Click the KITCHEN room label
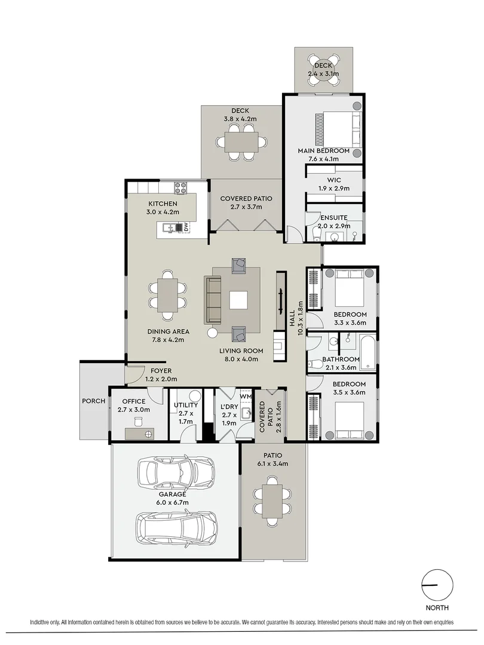pos(163,204)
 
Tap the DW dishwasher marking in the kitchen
pos(186,228)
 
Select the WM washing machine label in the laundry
pos(246,396)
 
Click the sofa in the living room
pos(213,300)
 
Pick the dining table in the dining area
pos(169,296)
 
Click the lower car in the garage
pos(176,526)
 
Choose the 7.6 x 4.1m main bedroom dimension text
pos(323,159)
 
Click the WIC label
pos(334,179)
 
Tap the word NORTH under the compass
pos(438,609)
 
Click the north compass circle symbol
pos(437,584)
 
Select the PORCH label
pos(93,401)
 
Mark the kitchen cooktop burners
pos(181,189)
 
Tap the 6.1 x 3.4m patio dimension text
pos(274,463)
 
